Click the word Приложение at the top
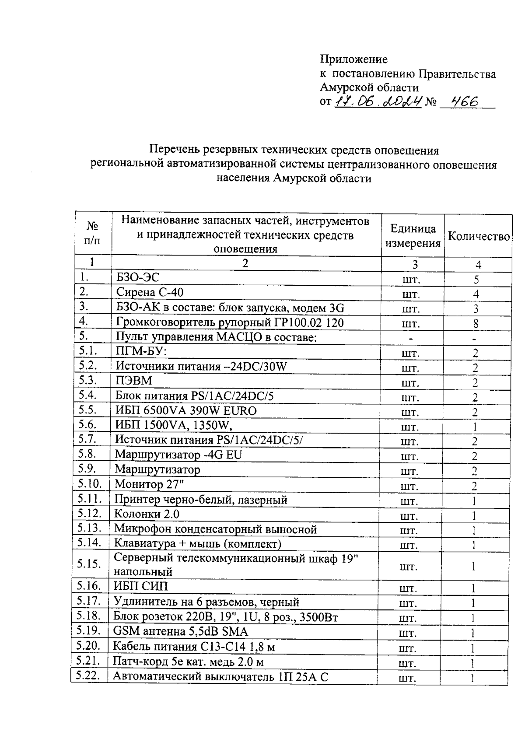[x=353, y=59]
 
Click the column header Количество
[x=479, y=237]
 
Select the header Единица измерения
[x=413, y=236]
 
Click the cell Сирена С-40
[x=150, y=292]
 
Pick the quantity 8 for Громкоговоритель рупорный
[x=476, y=324]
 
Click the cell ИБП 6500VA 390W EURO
[x=186, y=411]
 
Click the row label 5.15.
[x=89, y=563]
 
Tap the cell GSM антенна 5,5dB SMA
[x=180, y=631]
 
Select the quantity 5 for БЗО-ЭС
[x=476, y=280]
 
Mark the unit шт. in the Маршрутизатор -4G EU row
[x=410, y=457]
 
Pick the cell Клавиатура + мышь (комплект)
[x=197, y=544]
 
